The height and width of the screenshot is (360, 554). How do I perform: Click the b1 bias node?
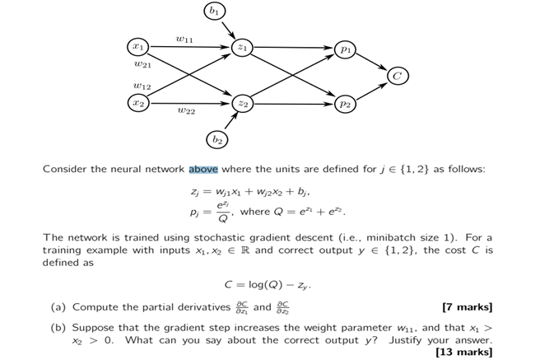click(213, 12)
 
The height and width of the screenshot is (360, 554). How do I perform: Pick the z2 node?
click(242, 104)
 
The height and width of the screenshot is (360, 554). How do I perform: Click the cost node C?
click(398, 77)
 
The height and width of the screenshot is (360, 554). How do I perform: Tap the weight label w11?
click(184, 36)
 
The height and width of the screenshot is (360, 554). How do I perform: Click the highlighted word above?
click(203, 169)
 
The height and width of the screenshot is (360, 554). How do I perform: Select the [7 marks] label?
click(467, 307)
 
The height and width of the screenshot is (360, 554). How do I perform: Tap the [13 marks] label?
click(463, 352)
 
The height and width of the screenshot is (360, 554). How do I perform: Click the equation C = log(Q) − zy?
click(268, 285)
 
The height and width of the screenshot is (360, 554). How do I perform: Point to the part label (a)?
click(58, 307)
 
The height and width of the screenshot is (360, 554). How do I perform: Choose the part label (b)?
click(58, 327)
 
